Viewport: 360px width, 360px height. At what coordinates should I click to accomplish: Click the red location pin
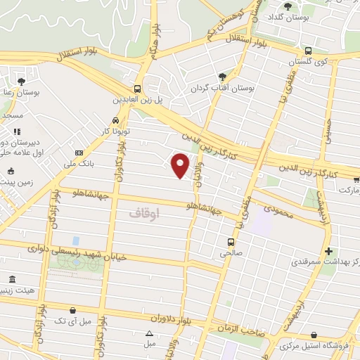(x=181, y=165)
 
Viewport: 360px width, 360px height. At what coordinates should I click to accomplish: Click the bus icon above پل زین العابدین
(x=138, y=89)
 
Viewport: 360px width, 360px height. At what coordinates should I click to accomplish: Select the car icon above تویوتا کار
(x=116, y=120)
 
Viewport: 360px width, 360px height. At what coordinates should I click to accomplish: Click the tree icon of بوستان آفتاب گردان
(x=223, y=77)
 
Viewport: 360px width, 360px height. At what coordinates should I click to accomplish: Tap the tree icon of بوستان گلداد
(x=287, y=7)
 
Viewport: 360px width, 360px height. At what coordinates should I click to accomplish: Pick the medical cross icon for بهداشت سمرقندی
(x=328, y=251)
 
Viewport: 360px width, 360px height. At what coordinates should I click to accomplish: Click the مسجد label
(x=12, y=115)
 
